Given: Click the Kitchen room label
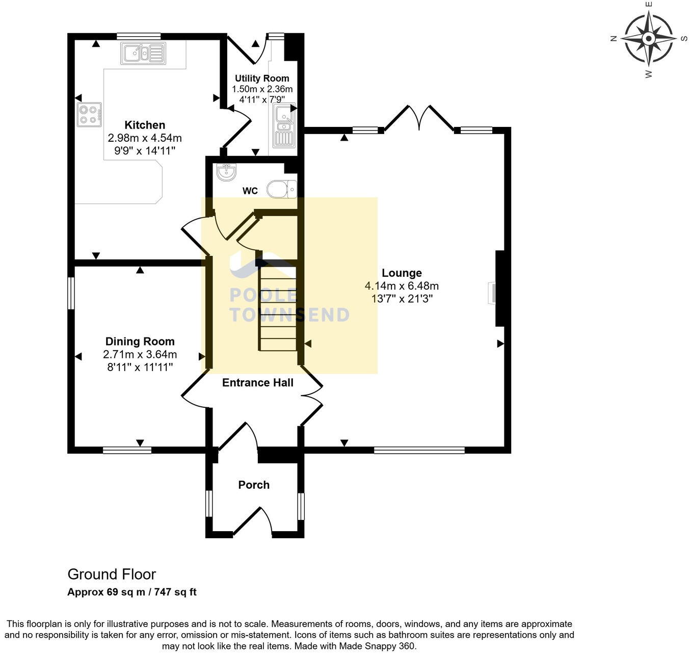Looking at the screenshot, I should click(145, 125).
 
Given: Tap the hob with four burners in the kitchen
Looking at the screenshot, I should click(89, 115).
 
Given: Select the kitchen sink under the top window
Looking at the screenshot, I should click(143, 53).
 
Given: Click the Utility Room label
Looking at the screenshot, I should click(262, 79).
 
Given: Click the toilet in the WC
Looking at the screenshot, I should click(282, 189).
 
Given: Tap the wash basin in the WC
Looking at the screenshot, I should click(225, 172).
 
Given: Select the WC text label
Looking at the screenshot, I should click(250, 191).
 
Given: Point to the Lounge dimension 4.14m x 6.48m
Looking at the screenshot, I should click(402, 286).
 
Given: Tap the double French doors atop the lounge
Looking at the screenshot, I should click(419, 118).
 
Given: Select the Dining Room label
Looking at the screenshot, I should click(140, 342).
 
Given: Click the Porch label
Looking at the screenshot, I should click(254, 485).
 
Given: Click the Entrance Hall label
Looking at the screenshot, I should click(257, 383).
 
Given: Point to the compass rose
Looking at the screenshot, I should click(648, 39).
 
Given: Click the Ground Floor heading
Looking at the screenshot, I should click(112, 574).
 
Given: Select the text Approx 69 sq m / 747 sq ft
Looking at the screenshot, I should click(132, 592).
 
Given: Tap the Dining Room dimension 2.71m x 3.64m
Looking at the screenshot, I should click(140, 354).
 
